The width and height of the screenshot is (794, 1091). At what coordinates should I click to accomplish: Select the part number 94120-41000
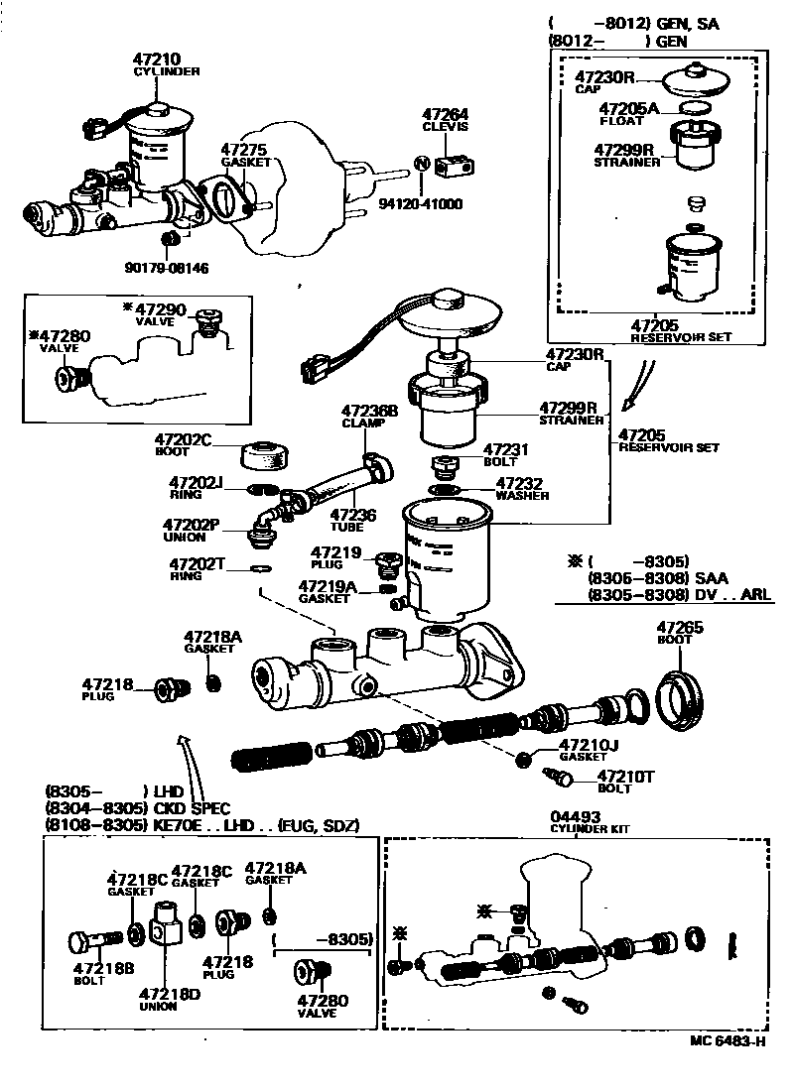pyautogui.click(x=422, y=204)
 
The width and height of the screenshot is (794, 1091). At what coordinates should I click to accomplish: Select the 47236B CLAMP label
pyautogui.click(x=369, y=416)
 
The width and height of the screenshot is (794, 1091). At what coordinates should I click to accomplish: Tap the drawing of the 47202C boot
pyautogui.click(x=265, y=454)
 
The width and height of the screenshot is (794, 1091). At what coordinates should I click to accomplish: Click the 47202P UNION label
pyautogui.click(x=192, y=530)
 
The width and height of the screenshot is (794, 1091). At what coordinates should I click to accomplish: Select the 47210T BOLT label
pyautogui.click(x=621, y=782)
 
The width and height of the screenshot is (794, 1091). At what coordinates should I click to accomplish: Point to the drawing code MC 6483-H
pyautogui.click(x=728, y=1041)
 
